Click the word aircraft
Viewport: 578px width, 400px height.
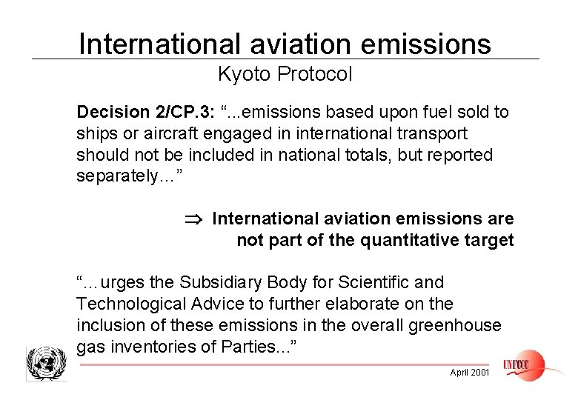pyautogui.click(x=157, y=134)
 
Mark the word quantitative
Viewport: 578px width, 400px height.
pyautogui.click(x=397, y=241)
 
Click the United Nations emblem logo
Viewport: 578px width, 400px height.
pyautogui.click(x=45, y=364)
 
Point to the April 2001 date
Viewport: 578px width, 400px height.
pyautogui.click(x=469, y=372)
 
